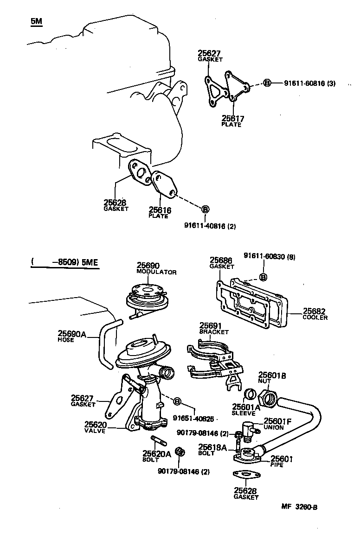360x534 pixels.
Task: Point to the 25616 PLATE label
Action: tap(160, 213)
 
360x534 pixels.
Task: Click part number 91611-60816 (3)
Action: tap(309, 83)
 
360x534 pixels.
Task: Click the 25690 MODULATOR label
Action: tap(156, 268)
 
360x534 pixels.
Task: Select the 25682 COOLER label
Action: tap(315, 314)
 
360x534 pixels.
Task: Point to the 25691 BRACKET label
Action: tap(214, 328)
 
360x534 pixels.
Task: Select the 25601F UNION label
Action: tap(277, 424)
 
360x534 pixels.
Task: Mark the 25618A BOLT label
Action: tap(212, 450)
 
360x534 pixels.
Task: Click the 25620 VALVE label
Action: tap(96, 427)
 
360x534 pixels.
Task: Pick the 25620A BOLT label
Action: tap(156, 457)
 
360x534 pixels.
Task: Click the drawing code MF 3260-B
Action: tap(299, 507)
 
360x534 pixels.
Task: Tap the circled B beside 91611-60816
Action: tap(267, 83)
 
